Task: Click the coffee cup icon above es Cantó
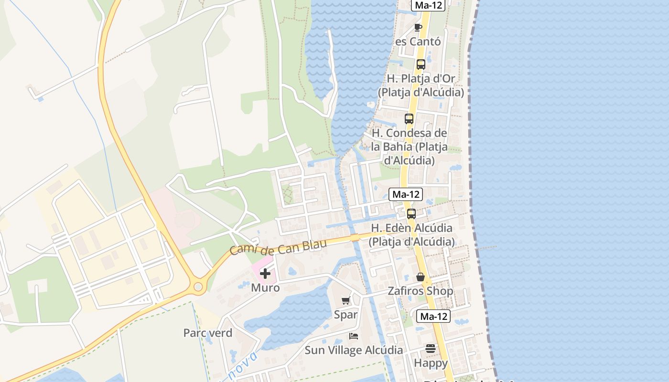[x=418, y=27]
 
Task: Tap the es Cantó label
[x=418, y=42]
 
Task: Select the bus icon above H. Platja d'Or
[x=421, y=64]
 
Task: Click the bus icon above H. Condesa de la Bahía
[x=409, y=119]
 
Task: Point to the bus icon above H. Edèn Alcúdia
[x=411, y=214]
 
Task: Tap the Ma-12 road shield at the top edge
[x=428, y=5]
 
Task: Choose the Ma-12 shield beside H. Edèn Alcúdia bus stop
[x=406, y=194]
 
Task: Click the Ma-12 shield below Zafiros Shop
[x=433, y=316]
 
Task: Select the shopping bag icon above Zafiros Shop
[x=421, y=277]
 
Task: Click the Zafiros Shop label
[x=421, y=291]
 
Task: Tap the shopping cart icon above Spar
[x=346, y=301]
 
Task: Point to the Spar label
[x=345, y=315]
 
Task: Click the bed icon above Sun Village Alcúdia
[x=354, y=336]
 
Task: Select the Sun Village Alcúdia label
[x=354, y=350]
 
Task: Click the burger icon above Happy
[x=431, y=349]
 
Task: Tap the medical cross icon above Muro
[x=265, y=274]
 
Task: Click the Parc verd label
[x=208, y=333]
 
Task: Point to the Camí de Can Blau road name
[x=278, y=247]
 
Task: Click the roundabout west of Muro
[x=198, y=287]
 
